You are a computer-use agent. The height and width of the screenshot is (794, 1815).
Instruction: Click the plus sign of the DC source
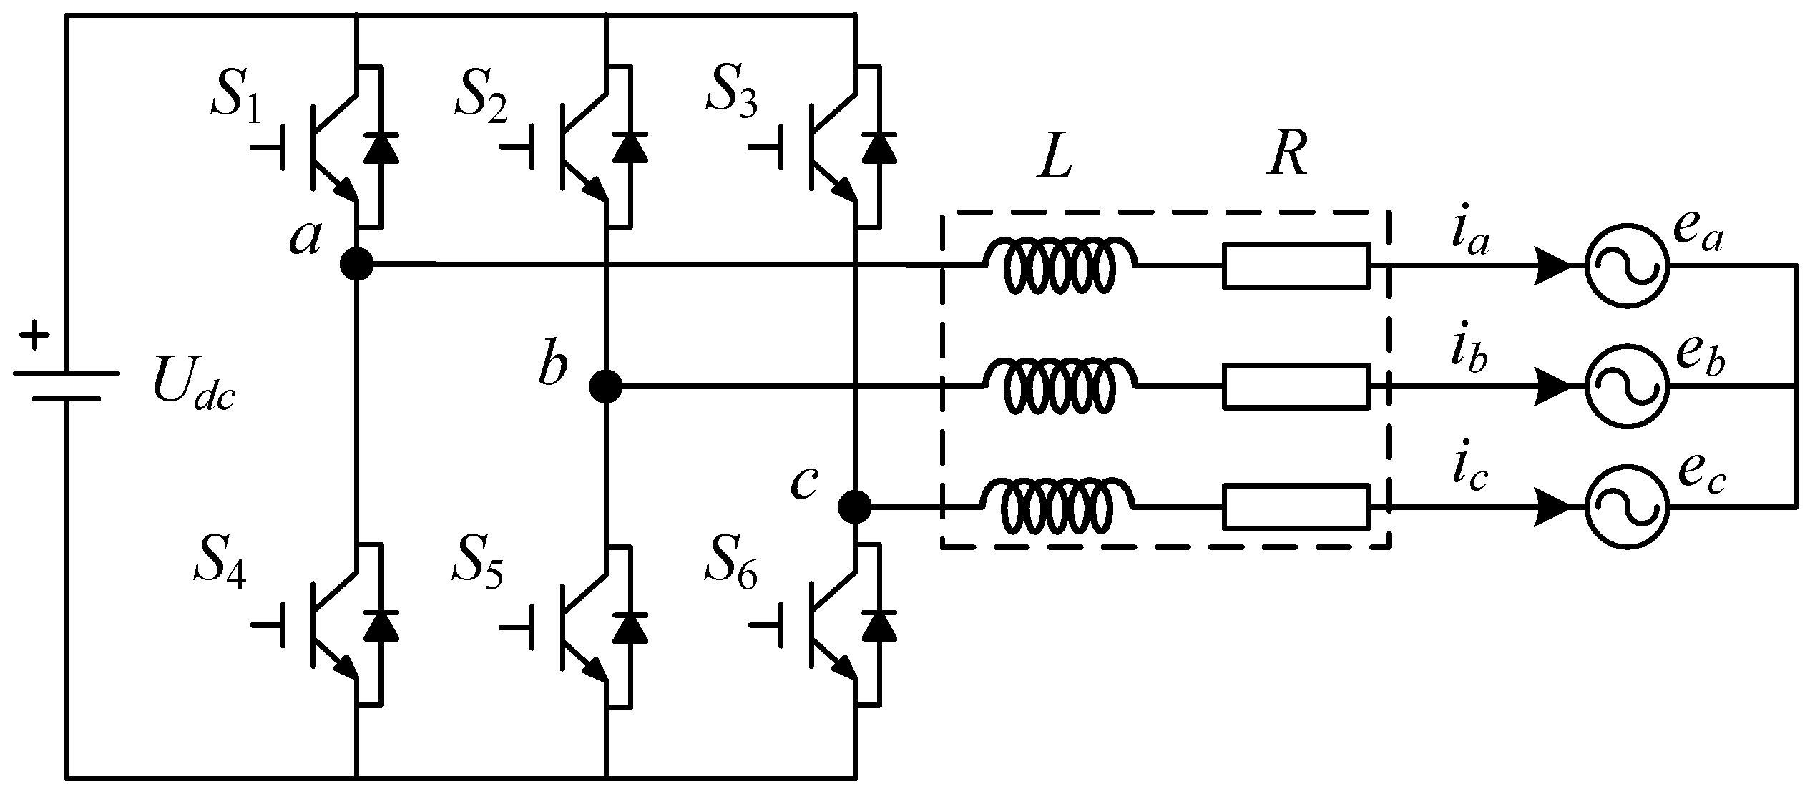click(34, 336)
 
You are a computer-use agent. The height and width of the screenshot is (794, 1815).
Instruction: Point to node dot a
click(356, 265)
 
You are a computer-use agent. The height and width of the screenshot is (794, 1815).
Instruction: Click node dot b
click(605, 387)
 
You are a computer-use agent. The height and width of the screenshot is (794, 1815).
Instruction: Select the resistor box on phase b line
click(1296, 387)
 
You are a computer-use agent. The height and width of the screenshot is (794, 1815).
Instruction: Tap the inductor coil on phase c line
click(1057, 508)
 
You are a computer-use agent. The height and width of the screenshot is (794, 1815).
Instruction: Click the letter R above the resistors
click(1288, 157)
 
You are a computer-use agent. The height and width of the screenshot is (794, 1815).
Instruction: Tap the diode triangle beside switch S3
click(879, 148)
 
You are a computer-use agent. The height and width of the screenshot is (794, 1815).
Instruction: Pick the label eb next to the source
click(1700, 360)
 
